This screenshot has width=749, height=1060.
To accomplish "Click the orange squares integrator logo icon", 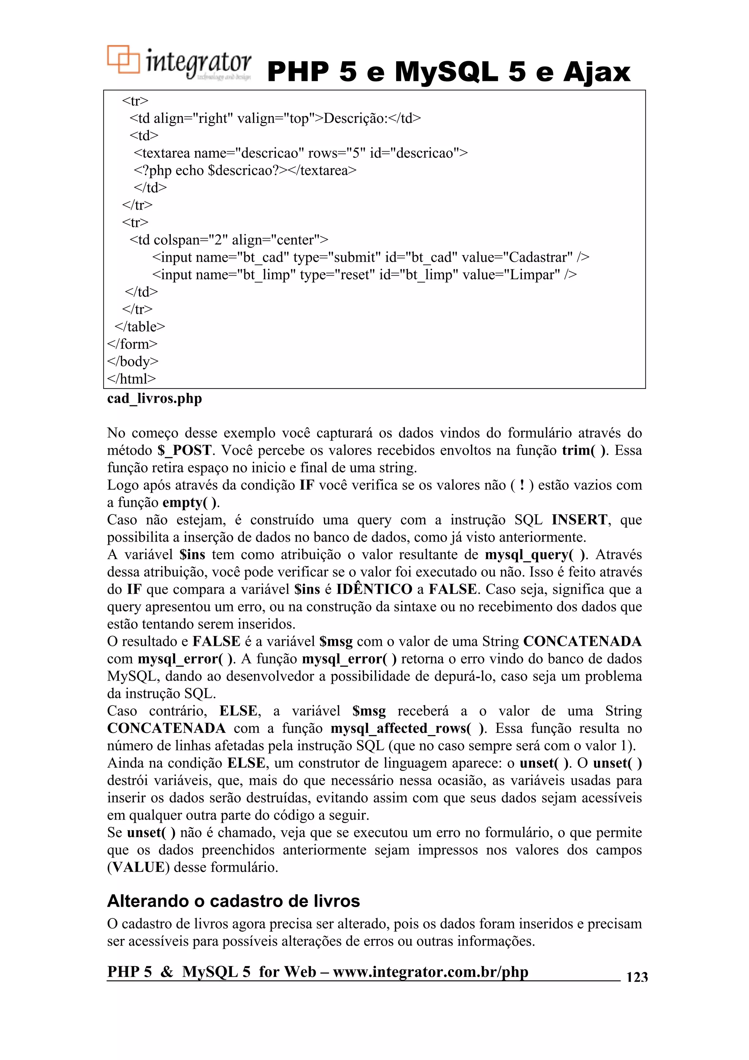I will [x=123, y=60].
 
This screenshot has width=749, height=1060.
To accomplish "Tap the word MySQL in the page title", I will [x=446, y=72].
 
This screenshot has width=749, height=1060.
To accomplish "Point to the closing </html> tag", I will [x=132, y=379].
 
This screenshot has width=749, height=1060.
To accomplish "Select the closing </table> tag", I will [x=139, y=327].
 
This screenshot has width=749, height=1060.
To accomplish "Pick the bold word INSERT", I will [x=579, y=520].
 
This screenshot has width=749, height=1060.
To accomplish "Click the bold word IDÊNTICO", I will [x=374, y=589].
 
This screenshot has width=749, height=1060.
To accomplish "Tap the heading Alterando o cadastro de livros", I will [x=233, y=901].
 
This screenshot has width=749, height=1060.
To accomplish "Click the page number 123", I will [x=636, y=977].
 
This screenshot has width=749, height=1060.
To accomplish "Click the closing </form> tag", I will [x=132, y=344].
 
